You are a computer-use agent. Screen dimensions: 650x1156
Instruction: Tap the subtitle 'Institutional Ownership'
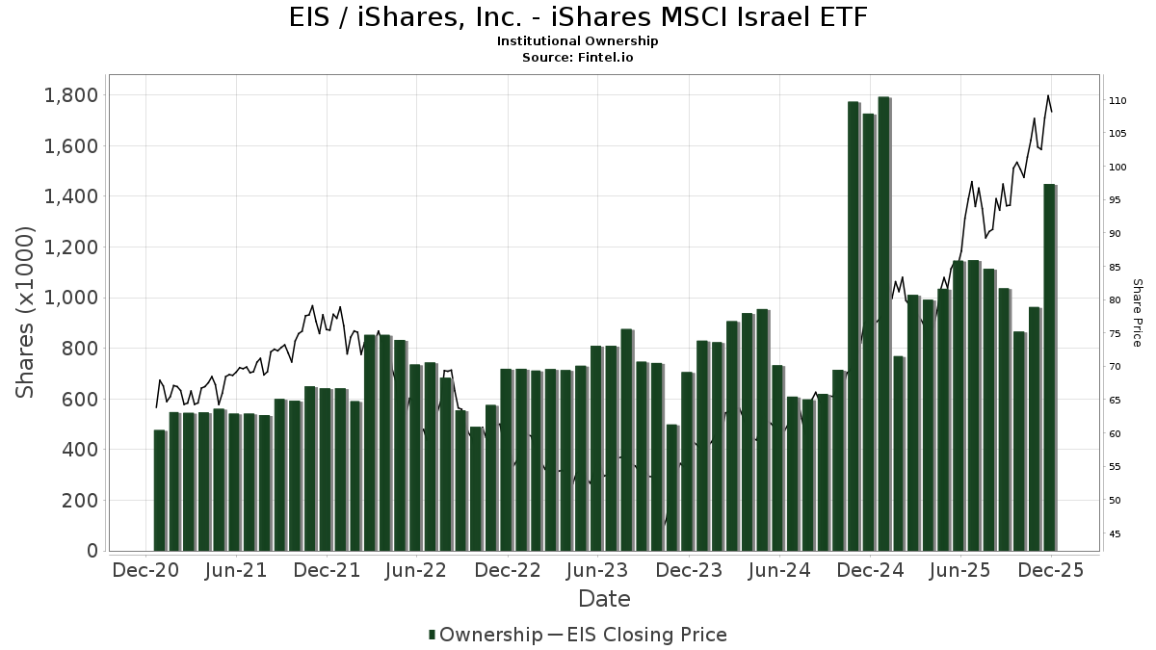point(578,41)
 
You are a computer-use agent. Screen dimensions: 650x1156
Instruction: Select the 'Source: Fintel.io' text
point(578,58)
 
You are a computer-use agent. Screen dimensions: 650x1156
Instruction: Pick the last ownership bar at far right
point(1049,367)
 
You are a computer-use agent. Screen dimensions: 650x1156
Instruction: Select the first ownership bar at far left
point(159,490)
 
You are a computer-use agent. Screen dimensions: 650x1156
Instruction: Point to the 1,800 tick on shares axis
point(71,95)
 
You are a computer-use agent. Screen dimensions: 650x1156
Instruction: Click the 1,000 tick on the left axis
point(71,298)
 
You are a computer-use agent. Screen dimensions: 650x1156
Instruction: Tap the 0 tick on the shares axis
point(92,551)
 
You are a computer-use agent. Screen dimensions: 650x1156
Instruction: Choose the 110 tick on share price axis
point(1117,100)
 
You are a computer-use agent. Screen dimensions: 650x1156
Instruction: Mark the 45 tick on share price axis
point(1115,533)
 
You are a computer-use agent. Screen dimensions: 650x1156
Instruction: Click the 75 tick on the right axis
point(1115,333)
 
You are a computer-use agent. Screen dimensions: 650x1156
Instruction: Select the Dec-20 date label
point(145,570)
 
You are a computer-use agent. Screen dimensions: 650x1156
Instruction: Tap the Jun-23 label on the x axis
point(598,570)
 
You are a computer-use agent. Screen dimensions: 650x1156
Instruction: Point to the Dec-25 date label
point(1051,570)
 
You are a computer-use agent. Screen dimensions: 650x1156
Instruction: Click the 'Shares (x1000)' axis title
point(25,312)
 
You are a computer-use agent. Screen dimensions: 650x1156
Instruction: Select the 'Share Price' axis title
point(1137,312)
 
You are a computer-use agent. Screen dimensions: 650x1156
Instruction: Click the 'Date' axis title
point(604,599)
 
